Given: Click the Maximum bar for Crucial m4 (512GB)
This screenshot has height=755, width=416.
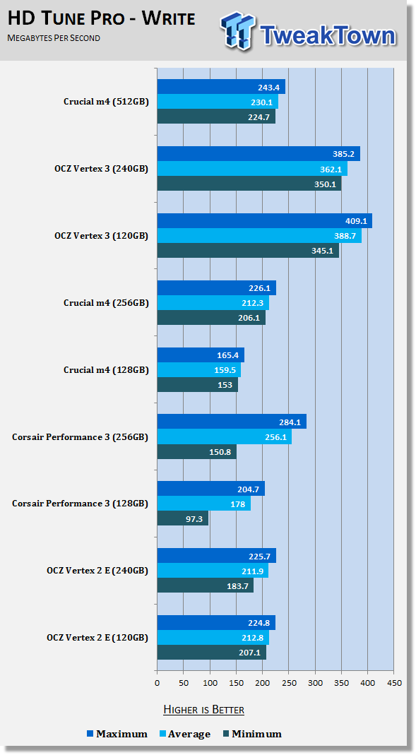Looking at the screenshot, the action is click(221, 87).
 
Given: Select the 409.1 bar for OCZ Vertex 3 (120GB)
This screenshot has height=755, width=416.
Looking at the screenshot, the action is click(265, 221).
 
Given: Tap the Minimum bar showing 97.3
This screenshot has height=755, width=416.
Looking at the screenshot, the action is click(183, 518).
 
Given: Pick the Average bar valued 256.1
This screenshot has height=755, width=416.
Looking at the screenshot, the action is click(225, 436).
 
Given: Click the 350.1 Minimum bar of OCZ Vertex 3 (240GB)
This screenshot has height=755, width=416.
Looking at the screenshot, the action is click(249, 184).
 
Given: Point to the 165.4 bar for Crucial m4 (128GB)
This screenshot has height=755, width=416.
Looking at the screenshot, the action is click(201, 355).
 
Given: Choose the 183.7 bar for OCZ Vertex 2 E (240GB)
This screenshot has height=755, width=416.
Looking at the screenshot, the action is click(206, 585).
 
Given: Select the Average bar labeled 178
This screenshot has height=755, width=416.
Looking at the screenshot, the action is click(204, 504).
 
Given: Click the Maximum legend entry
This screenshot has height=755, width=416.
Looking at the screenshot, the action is click(117, 734).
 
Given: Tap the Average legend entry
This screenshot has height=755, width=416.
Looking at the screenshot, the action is click(185, 734).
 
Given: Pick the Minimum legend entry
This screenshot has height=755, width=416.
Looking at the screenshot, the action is click(252, 734).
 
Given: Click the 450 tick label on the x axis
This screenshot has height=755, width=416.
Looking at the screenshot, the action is click(394, 683).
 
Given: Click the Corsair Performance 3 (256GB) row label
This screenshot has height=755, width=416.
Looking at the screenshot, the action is click(80, 437).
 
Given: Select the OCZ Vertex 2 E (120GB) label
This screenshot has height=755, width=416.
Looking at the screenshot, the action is click(97, 638).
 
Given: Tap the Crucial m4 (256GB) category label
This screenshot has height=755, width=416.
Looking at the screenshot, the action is click(106, 303).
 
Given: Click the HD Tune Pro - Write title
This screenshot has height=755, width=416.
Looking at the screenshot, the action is click(102, 18).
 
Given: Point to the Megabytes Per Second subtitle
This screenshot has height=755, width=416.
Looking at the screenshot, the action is click(54, 37).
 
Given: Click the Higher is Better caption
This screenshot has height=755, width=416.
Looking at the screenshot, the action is click(203, 709).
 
